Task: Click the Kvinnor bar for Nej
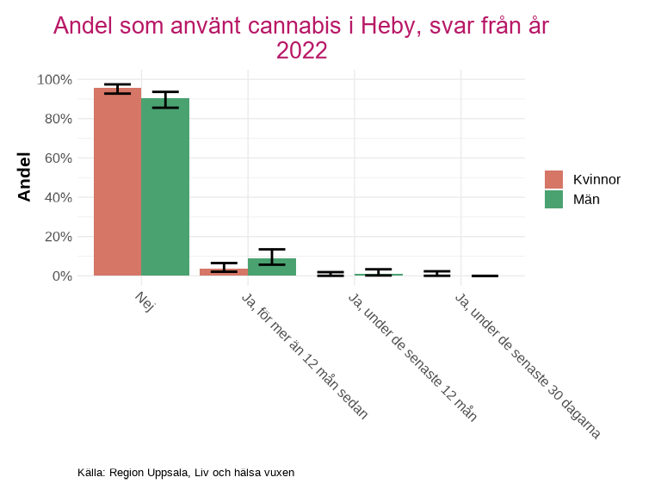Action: click(117, 182)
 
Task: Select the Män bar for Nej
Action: click(165, 187)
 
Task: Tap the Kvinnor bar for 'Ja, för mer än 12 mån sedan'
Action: click(224, 272)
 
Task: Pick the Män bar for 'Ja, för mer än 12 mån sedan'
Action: click(272, 267)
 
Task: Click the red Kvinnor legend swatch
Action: click(553, 179)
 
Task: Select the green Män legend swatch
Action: click(553, 199)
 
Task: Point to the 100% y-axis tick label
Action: click(54, 79)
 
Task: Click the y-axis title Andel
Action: click(24, 177)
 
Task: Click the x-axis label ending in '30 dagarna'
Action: click(527, 365)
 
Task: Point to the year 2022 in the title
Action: click(301, 51)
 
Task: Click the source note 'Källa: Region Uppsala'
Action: click(186, 473)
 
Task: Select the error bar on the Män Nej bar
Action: click(165, 99)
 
